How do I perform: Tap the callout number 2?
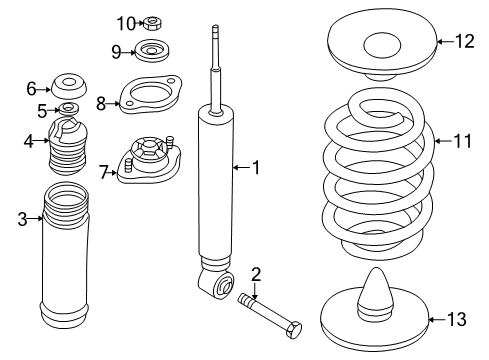(x=256, y=274)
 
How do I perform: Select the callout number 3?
(x=23, y=219)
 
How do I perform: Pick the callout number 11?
(x=460, y=141)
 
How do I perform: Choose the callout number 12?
(x=463, y=41)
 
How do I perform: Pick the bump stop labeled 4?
(x=69, y=149)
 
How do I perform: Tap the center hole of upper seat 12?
(x=383, y=45)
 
